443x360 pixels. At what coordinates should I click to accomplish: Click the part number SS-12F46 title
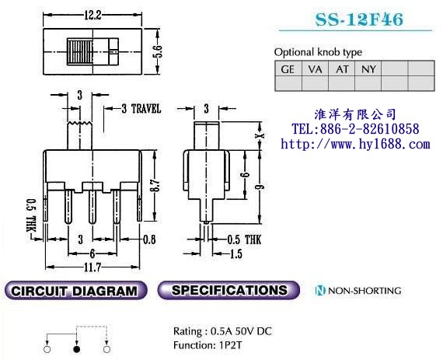tap(359, 19)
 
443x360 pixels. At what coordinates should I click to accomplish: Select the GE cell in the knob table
tap(288, 68)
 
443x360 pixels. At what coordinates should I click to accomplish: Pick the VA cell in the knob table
tap(315, 68)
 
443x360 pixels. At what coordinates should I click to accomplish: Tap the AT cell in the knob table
tap(341, 68)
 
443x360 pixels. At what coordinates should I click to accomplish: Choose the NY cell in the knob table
tap(368, 68)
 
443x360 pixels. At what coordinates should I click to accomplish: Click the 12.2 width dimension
tap(92, 15)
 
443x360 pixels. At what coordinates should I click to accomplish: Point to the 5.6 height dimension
tap(158, 51)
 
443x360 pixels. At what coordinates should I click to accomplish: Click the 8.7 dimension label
tap(155, 186)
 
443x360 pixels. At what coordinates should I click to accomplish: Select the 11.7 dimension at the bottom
tap(92, 267)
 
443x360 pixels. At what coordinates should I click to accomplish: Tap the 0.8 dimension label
tap(149, 239)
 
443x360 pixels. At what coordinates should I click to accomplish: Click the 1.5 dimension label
tap(236, 253)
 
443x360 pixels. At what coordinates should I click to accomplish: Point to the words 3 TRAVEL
tap(141, 109)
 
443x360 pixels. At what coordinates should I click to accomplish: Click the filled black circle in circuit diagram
tap(77, 349)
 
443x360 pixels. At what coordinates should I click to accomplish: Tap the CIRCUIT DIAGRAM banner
tap(75, 291)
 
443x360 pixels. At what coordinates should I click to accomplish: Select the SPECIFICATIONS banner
tap(228, 290)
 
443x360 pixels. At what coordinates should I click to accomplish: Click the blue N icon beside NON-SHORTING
tap(320, 291)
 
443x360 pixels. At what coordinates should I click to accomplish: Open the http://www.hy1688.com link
tap(355, 144)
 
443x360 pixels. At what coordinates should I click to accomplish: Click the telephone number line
tap(355, 129)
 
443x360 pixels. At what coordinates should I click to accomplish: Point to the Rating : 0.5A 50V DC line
tap(222, 331)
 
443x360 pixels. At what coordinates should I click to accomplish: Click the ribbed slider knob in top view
tap(80, 51)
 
